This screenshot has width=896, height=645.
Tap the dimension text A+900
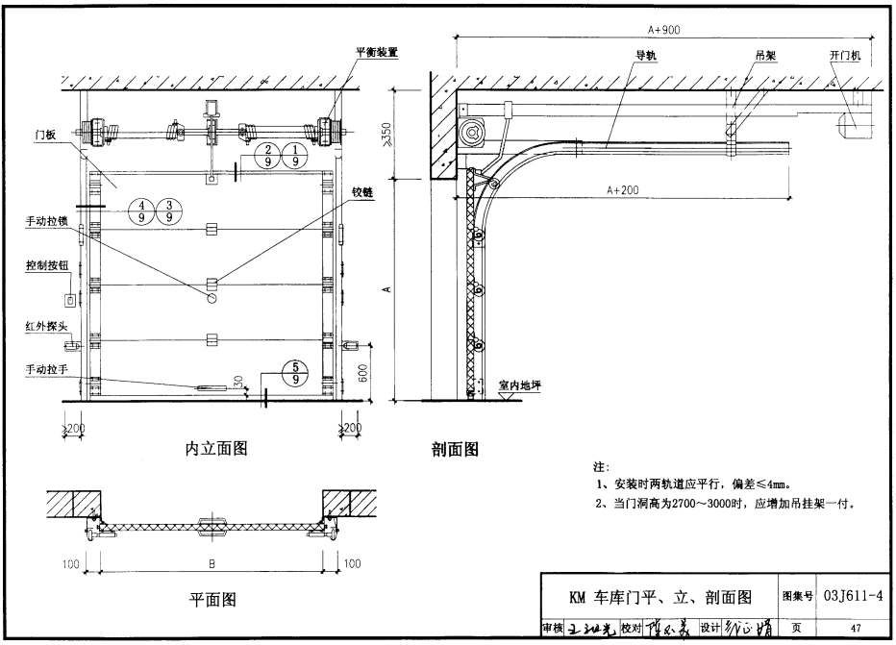[658, 31]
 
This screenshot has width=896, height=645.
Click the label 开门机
[849, 54]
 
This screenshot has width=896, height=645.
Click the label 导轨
[645, 55]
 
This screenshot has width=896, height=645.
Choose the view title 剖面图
[455, 448]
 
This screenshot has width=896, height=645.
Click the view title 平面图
[212, 601]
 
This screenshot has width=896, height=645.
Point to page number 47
[855, 629]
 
